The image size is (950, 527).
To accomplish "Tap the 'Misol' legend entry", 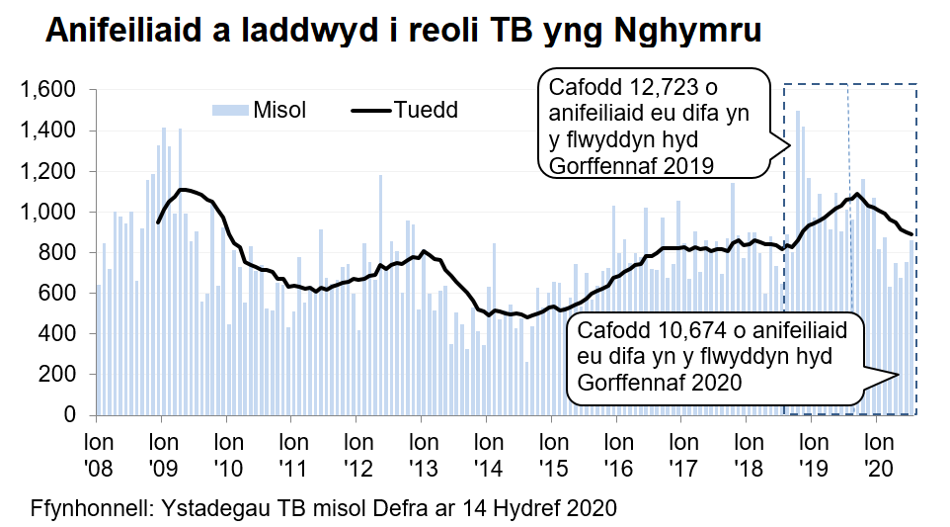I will point(279,109).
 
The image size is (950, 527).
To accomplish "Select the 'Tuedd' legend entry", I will point(426,109).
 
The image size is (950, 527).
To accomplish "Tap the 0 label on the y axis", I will point(70,415).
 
